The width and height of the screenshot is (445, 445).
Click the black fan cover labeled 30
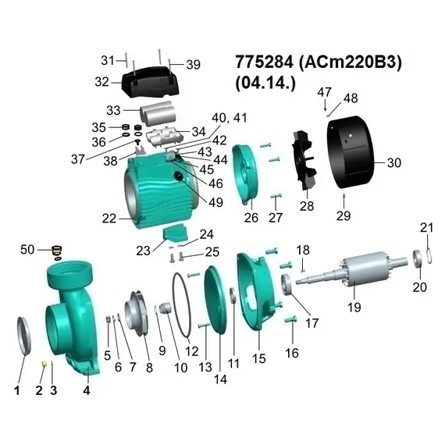click(351, 152)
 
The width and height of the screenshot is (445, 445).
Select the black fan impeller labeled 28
click(304, 160)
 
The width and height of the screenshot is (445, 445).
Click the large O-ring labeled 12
click(181, 305)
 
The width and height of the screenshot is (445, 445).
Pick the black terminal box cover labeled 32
click(151, 81)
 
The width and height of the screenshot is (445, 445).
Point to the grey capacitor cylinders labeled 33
click(158, 113)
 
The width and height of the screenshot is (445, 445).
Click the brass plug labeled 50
click(57, 251)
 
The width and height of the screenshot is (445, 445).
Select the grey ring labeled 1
click(24, 336)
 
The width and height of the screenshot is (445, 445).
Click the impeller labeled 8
click(137, 313)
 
